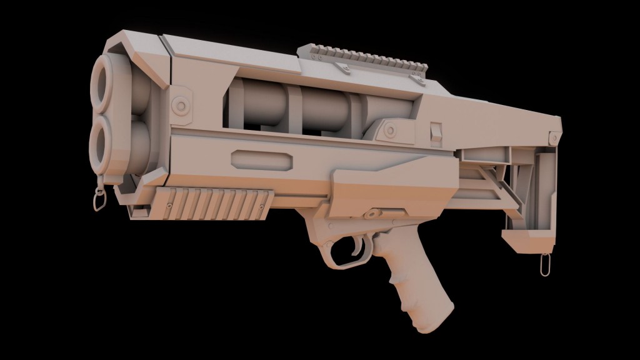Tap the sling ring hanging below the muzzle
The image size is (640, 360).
(x=98, y=201)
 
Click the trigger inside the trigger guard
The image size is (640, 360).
(x=357, y=246)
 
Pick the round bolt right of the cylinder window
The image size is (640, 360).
(x=390, y=130)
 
